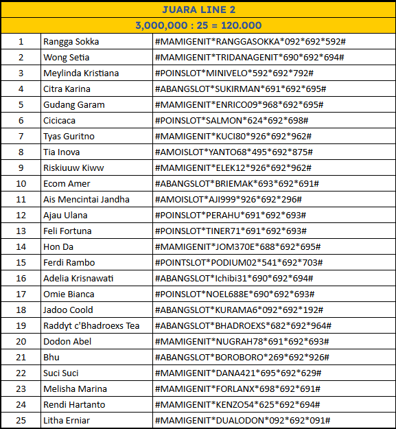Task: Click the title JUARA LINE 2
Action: [198, 9]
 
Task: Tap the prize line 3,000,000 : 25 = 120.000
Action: [198, 25]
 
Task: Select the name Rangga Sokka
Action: [71, 41]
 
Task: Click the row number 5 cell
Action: [21, 104]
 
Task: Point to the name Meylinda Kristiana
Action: [81, 73]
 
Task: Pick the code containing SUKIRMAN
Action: [240, 89]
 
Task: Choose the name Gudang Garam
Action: [74, 104]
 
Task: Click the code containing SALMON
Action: [231, 120]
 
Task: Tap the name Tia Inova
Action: [62, 152]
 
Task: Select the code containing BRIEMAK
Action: [237, 183]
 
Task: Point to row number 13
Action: [21, 231]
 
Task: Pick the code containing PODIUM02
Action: [238, 262]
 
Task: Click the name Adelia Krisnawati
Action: [79, 278]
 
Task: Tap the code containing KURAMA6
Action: [240, 310]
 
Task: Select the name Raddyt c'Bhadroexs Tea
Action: [91, 325]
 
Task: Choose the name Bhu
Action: [51, 357]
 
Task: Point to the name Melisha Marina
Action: [75, 389]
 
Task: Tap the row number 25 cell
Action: [21, 420]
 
